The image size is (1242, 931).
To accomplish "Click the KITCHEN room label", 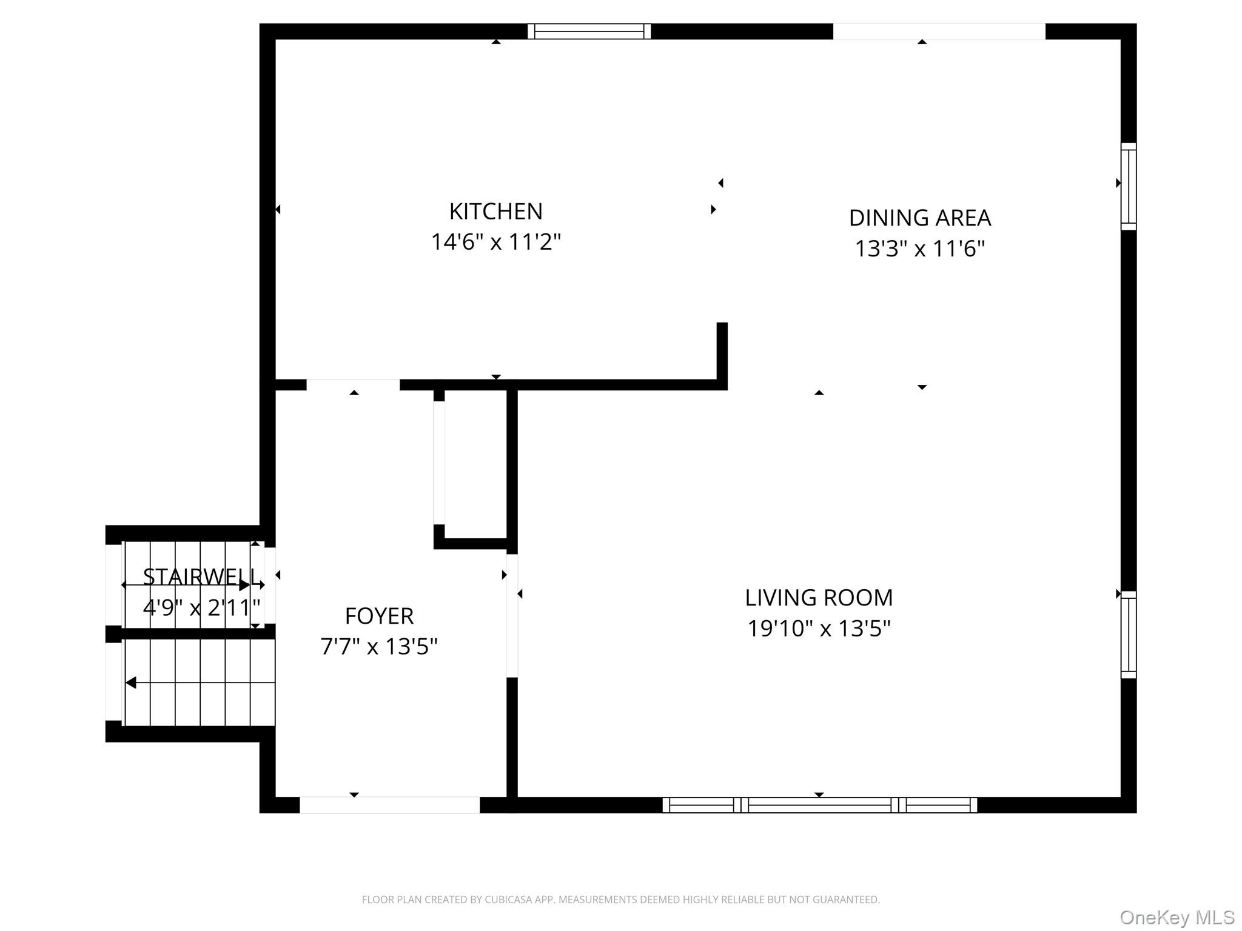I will click(495, 212).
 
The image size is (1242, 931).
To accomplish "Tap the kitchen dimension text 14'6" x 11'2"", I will click(495, 242).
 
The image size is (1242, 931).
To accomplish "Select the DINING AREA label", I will click(919, 218).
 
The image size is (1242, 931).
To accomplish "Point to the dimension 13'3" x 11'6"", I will click(919, 249).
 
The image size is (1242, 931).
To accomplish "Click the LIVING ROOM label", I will click(819, 598).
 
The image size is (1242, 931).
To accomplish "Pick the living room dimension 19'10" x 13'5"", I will click(819, 629).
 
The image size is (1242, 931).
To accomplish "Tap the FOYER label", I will click(379, 616).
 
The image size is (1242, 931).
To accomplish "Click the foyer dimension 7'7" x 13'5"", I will click(379, 647).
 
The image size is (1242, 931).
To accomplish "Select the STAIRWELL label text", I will click(200, 576).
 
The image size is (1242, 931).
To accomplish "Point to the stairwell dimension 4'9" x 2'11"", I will click(201, 607).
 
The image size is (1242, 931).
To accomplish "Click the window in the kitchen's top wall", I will click(589, 32).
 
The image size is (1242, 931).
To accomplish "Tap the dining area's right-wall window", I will click(1128, 187).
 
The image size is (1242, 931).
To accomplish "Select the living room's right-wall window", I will click(1128, 635).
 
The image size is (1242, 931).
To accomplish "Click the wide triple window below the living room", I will click(819, 805).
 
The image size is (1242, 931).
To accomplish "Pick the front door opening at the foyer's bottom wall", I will click(389, 805).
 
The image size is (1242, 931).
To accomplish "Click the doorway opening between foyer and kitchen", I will click(353, 385).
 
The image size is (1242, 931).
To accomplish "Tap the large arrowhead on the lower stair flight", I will click(131, 683).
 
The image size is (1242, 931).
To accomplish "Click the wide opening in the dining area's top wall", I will click(939, 32).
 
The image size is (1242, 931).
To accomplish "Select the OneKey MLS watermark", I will click(1177, 918).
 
